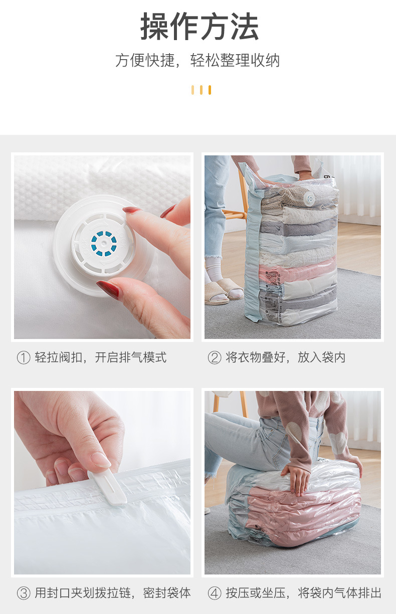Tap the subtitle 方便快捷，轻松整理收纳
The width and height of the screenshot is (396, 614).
click(x=197, y=61)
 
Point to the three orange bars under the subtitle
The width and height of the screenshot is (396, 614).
click(x=201, y=90)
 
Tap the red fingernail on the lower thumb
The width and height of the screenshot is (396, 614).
click(x=107, y=289)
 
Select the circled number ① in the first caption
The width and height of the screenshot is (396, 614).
click(x=23, y=358)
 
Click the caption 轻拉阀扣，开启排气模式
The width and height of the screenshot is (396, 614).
click(x=101, y=358)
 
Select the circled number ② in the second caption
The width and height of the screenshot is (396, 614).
click(x=214, y=358)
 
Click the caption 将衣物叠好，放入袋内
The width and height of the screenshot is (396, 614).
click(x=286, y=358)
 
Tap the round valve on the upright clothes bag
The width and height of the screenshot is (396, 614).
click(x=310, y=197)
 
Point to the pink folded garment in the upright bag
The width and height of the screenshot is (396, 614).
click(x=298, y=271)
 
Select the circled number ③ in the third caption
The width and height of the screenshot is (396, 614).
click(x=23, y=593)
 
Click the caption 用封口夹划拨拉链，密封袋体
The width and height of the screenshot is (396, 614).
click(x=113, y=593)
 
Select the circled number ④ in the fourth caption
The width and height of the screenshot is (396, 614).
click(x=214, y=593)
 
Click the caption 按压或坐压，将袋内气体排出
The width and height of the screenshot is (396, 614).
click(x=303, y=593)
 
